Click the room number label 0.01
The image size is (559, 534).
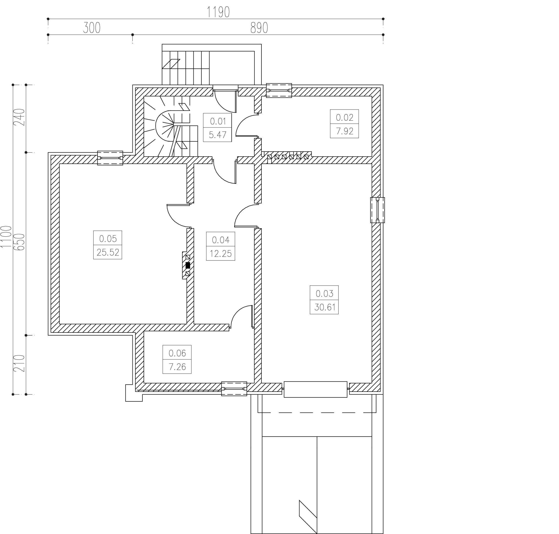(x=218, y=121)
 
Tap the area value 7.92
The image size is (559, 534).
(x=345, y=131)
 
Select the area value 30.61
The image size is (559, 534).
(x=325, y=307)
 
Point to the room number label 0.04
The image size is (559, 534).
(x=221, y=240)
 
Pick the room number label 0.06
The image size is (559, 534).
(x=177, y=353)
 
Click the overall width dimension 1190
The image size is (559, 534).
(x=218, y=12)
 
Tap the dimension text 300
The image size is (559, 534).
(x=92, y=28)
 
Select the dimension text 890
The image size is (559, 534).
(x=259, y=28)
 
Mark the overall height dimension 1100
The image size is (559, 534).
(x=6, y=237)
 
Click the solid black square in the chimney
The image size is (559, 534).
(x=188, y=265)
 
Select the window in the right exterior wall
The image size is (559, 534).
(x=378, y=210)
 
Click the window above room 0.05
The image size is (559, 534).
(x=110, y=158)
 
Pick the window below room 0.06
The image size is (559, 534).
(x=234, y=388)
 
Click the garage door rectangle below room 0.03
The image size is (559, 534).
(x=316, y=389)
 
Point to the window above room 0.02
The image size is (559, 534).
(x=279, y=90)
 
